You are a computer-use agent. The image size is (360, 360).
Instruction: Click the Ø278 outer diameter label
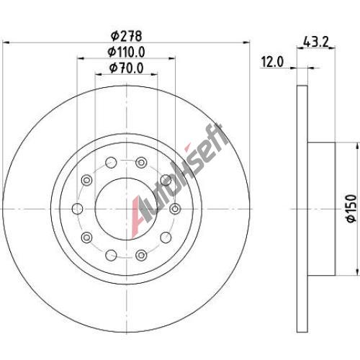tap(127, 36)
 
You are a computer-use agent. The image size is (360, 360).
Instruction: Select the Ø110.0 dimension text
tap(126, 52)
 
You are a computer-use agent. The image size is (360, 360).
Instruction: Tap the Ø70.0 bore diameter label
tap(127, 68)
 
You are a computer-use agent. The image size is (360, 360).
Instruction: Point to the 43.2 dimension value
tap(315, 42)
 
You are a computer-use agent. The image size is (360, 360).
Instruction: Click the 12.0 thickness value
tap(272, 62)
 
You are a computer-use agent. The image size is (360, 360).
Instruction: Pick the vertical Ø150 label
tap(351, 208)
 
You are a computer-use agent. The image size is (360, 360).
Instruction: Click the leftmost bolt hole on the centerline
tap(78, 209)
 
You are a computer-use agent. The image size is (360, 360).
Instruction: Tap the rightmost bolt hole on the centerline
tap(175, 209)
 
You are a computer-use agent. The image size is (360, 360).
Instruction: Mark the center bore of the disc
tap(127, 209)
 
